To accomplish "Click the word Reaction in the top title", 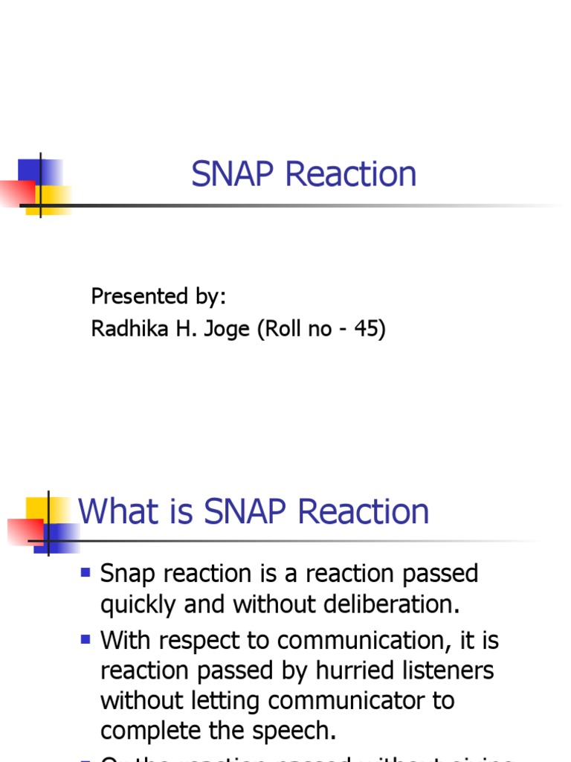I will pos(350,174).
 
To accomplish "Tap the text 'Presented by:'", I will pos(158,296).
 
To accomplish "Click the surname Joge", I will pos(228,330).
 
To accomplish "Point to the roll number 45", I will pos(367,328).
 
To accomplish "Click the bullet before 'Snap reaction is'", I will pos(86,573).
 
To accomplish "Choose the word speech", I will pos(295,731).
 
